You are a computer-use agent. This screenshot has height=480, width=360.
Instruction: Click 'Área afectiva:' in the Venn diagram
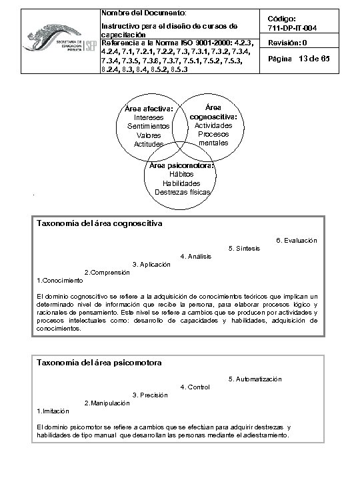[x=149, y=109]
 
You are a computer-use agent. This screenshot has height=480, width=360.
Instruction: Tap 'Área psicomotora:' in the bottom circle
[x=181, y=165]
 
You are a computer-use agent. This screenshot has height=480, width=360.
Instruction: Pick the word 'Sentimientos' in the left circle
[x=148, y=126]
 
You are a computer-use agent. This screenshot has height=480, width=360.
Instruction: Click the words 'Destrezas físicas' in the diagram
[x=182, y=192]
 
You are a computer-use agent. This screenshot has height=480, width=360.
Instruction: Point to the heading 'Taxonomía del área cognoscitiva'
[x=100, y=223]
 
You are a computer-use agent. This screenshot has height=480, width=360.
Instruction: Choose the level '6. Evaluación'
[x=296, y=240]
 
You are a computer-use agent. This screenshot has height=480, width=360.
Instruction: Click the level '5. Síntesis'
[x=244, y=249]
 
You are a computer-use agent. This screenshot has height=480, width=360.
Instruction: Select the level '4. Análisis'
[x=196, y=257]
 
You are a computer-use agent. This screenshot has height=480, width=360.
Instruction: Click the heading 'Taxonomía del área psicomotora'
[x=99, y=363]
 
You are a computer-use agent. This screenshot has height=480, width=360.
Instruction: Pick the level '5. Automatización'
[x=255, y=379]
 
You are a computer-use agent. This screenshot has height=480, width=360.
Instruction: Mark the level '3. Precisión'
[x=150, y=395]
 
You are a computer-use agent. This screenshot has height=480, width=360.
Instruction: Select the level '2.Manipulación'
[x=107, y=403]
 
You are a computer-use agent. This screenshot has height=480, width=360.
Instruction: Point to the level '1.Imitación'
[x=53, y=411]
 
